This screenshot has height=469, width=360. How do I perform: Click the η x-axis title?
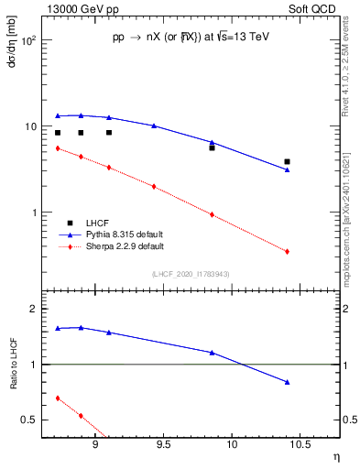(x=335, y=456)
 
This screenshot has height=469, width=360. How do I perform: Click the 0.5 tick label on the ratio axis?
(x=31, y=420)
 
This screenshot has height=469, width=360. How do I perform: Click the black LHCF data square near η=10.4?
(x=287, y=161)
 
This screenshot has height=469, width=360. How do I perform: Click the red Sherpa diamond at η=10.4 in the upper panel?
(x=287, y=252)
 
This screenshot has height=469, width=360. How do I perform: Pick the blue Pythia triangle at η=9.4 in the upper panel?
(x=154, y=125)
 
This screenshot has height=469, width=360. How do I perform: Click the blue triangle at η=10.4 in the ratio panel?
(x=287, y=382)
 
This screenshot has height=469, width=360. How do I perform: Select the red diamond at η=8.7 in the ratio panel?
(x=58, y=398)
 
